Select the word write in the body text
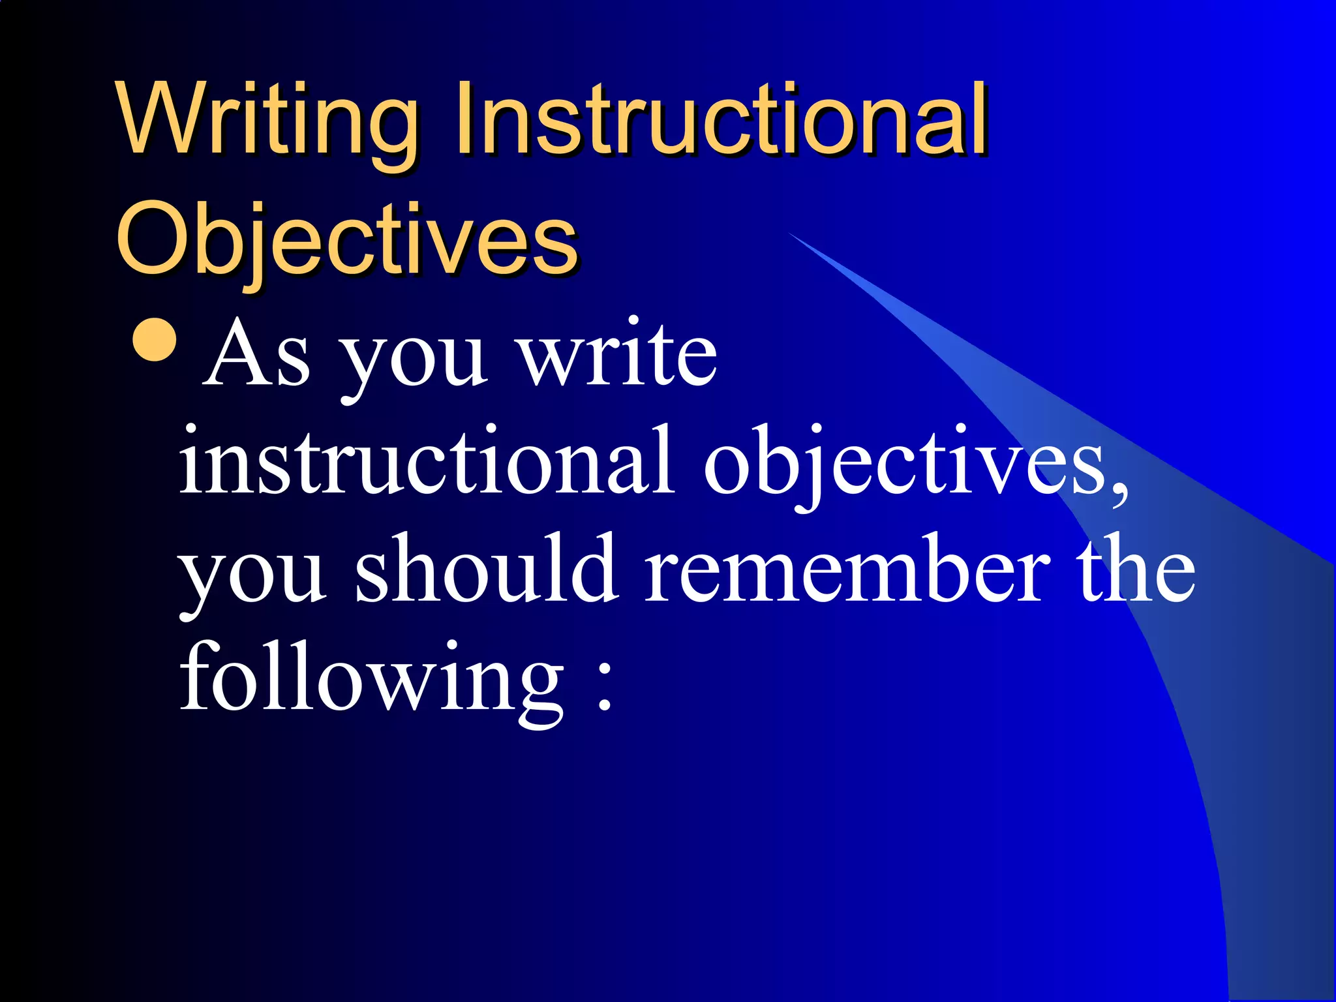pos(617,356)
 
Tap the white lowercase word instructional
pos(427,460)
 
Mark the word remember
pos(847,568)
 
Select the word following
pos(372,678)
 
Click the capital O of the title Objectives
pos(151,239)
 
